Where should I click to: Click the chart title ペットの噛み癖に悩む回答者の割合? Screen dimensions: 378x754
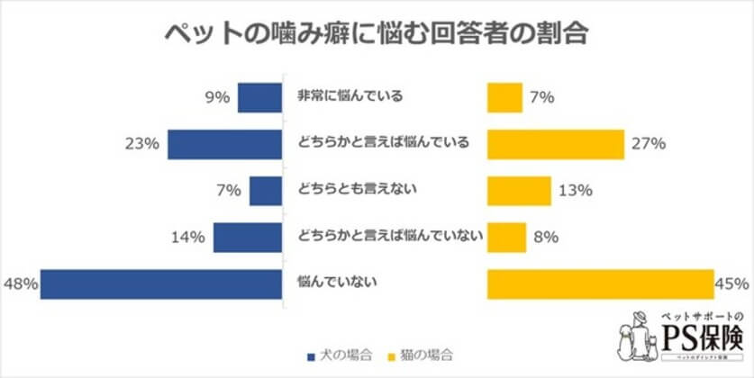click(377, 35)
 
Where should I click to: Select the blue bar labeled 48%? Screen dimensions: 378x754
click(162, 283)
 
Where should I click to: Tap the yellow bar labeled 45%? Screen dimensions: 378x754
click(600, 283)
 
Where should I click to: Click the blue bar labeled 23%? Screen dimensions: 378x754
click(225, 143)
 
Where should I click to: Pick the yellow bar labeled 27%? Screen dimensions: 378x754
click(555, 143)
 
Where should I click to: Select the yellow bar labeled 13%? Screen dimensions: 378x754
click(519, 190)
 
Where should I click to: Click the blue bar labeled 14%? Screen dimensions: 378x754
click(249, 237)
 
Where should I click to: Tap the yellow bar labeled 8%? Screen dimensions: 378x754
click(506, 237)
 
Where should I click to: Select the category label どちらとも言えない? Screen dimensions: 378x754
click(348, 189)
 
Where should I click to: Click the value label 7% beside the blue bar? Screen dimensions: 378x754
click(228, 190)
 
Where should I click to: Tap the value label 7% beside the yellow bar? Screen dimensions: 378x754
click(541, 96)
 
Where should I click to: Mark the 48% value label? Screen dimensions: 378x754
click(19, 283)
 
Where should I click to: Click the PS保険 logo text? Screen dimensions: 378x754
click(703, 339)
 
